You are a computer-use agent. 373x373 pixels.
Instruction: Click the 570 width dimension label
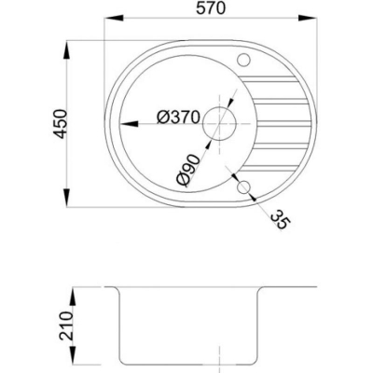211,8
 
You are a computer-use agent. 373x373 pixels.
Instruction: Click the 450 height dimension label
59,123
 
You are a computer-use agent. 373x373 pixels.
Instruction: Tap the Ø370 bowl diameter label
178,117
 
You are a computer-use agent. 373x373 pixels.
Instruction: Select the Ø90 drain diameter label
187,171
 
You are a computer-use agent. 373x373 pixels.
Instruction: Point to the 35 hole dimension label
280,219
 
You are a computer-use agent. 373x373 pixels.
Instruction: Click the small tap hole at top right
243,60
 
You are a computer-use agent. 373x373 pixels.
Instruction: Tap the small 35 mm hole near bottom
243,187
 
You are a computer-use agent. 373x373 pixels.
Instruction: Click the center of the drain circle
219,124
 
